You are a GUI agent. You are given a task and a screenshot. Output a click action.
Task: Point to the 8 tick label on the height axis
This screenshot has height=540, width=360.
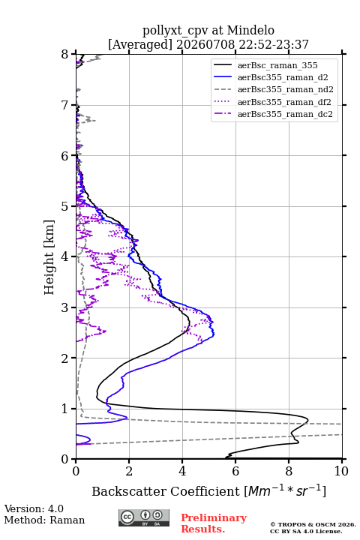(65, 55)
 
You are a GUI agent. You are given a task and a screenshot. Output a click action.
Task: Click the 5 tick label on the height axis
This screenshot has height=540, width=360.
(65, 207)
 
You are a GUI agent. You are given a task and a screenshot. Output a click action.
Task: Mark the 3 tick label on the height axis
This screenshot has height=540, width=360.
(65, 307)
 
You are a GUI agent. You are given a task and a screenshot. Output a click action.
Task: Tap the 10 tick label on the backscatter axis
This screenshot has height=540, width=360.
(341, 471)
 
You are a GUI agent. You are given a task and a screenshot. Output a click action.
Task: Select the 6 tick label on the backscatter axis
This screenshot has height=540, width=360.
(235, 471)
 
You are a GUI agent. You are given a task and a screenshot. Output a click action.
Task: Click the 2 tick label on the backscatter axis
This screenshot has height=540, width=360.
(129, 471)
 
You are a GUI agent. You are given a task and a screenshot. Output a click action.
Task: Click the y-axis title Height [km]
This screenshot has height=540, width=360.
(49, 257)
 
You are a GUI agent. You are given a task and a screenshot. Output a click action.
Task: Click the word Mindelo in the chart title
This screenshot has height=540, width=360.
(250, 30)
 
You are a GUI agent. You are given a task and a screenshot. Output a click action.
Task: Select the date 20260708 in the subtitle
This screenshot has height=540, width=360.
(205, 44)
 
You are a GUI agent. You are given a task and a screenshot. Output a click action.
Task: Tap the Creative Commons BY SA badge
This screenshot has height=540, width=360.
(144, 517)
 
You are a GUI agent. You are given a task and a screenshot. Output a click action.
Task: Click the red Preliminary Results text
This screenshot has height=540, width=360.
(214, 523)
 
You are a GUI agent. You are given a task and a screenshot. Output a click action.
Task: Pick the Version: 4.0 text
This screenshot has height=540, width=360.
(34, 508)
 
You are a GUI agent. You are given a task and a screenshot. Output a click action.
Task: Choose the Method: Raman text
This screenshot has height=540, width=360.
(44, 520)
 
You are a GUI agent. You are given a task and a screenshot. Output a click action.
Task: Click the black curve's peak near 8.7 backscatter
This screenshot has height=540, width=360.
(307, 419)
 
